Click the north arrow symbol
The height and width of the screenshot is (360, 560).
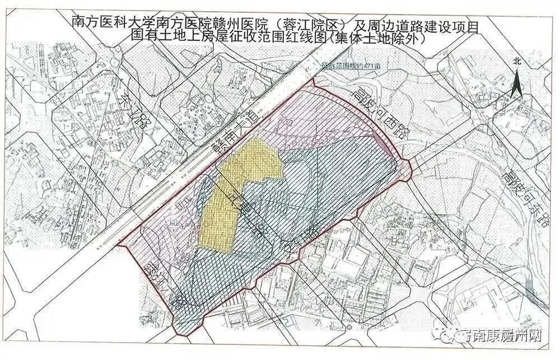click(518, 83)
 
